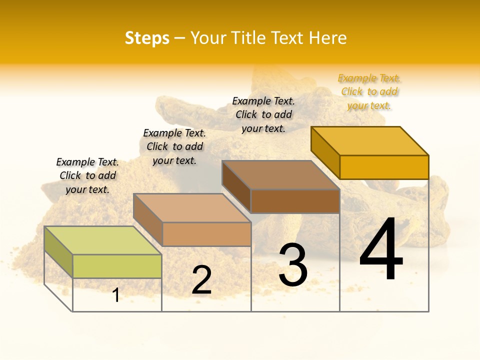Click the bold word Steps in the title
click(x=147, y=38)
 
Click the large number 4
click(x=381, y=250)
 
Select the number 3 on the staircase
click(x=293, y=265)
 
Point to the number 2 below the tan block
click(x=201, y=280)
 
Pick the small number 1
click(x=116, y=295)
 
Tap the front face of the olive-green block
click(x=117, y=266)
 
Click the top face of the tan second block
click(x=191, y=207)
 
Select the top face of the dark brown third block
click(x=280, y=175)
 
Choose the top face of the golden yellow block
click(x=369, y=140)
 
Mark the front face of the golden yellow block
click(x=384, y=167)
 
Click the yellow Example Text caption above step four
click(x=369, y=91)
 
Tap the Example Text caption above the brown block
click(x=263, y=114)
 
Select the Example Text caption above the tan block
click(x=174, y=146)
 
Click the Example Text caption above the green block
click(x=87, y=175)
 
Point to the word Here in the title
click(x=327, y=38)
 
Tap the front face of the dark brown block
click(x=295, y=201)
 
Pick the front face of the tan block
click(x=206, y=234)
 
